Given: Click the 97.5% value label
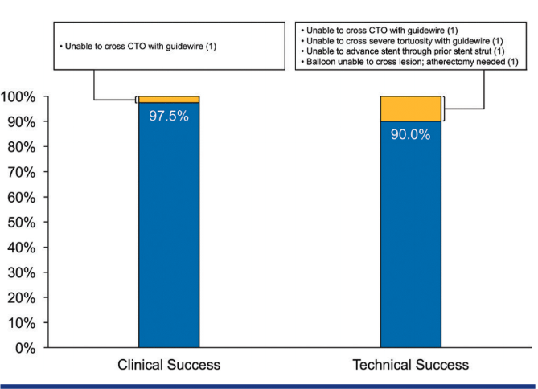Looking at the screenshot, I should point(169,116).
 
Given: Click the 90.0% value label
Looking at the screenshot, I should point(410,134).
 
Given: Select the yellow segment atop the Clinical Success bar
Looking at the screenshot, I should point(169,100).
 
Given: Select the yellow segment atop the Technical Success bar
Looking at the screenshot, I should point(410,109).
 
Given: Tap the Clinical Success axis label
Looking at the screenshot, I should point(169,365).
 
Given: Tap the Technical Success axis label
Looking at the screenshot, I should point(410,365).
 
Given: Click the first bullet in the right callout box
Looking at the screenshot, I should point(382,29).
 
